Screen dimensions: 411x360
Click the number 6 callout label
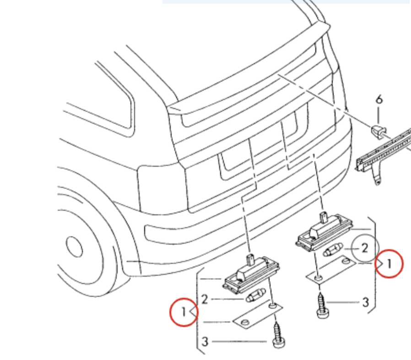pyautogui.click(x=379, y=100)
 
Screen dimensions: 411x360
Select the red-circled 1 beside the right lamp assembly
pyautogui.click(x=389, y=263)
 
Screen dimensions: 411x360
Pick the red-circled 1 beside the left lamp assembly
pyautogui.click(x=184, y=312)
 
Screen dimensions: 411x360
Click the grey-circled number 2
pyautogui.click(x=365, y=248)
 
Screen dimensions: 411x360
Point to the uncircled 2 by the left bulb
pyautogui.click(x=205, y=299)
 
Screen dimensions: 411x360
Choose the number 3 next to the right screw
pyautogui.click(x=366, y=302)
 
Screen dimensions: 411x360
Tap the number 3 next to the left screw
pyautogui.click(x=205, y=342)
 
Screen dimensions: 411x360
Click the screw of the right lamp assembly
pyautogui.click(x=322, y=305)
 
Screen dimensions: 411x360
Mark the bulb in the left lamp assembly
pyautogui.click(x=255, y=295)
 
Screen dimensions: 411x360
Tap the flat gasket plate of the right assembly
pyautogui.click(x=331, y=270)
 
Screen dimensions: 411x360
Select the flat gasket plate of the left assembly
pyautogui.click(x=258, y=315)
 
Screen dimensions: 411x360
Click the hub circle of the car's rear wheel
pyautogui.click(x=74, y=247)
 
